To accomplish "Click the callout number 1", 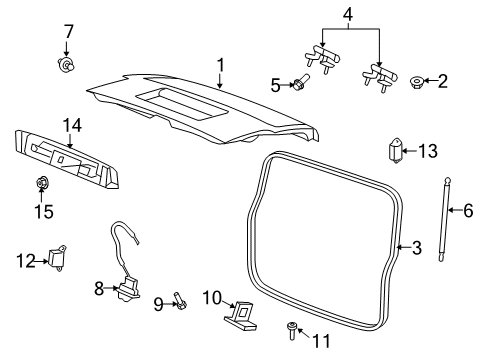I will (x=219, y=65).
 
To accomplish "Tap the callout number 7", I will (x=68, y=32).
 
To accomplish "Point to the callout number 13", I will (x=428, y=151).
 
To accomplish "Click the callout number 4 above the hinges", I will (x=347, y=14).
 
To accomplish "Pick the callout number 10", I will (x=211, y=296).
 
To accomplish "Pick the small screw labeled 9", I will (x=179, y=299).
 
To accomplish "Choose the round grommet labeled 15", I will (x=43, y=183).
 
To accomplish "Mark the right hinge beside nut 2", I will (x=380, y=76).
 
